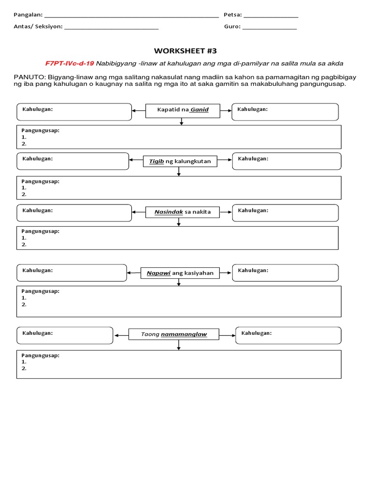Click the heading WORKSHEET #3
point(182,51)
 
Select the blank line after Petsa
point(271,16)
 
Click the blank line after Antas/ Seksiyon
point(112,27)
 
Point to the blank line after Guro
point(270,27)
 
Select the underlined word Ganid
point(199,110)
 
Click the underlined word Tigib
point(156,161)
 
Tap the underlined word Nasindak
point(169,212)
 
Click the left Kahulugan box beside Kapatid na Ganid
point(74,112)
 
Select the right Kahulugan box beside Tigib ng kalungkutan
point(286,162)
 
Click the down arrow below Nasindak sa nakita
point(179,222)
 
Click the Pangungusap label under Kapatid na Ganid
point(41,130)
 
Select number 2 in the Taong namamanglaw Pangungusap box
point(24,369)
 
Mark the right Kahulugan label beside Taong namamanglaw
point(256,333)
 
